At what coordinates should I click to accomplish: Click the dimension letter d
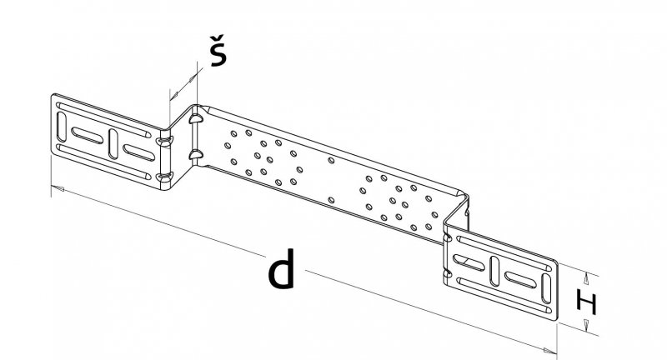tap(281, 268)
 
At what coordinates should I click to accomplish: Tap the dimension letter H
tap(587, 302)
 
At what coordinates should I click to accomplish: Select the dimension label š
tap(218, 51)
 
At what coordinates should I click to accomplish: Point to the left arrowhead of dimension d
tap(58, 188)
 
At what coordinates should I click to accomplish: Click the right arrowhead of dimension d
tap(550, 351)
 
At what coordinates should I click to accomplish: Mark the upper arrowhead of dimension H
tap(587, 278)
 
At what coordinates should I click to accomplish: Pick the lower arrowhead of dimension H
tap(587, 325)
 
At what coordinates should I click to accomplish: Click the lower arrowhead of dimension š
tap(174, 96)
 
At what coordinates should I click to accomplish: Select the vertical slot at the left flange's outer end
tap(62, 127)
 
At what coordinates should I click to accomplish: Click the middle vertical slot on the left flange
tap(113, 144)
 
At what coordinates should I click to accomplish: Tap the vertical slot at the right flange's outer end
tap(546, 288)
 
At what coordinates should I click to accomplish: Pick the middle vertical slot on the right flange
tap(494, 271)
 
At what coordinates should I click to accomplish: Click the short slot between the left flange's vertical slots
tap(88, 135)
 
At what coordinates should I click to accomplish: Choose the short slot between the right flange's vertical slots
tap(520, 280)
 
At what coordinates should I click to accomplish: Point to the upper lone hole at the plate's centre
tap(331, 160)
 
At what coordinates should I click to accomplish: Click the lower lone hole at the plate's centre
tap(331, 200)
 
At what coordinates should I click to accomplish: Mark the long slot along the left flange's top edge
tap(104, 120)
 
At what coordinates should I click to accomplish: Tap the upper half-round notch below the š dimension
tap(195, 119)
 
